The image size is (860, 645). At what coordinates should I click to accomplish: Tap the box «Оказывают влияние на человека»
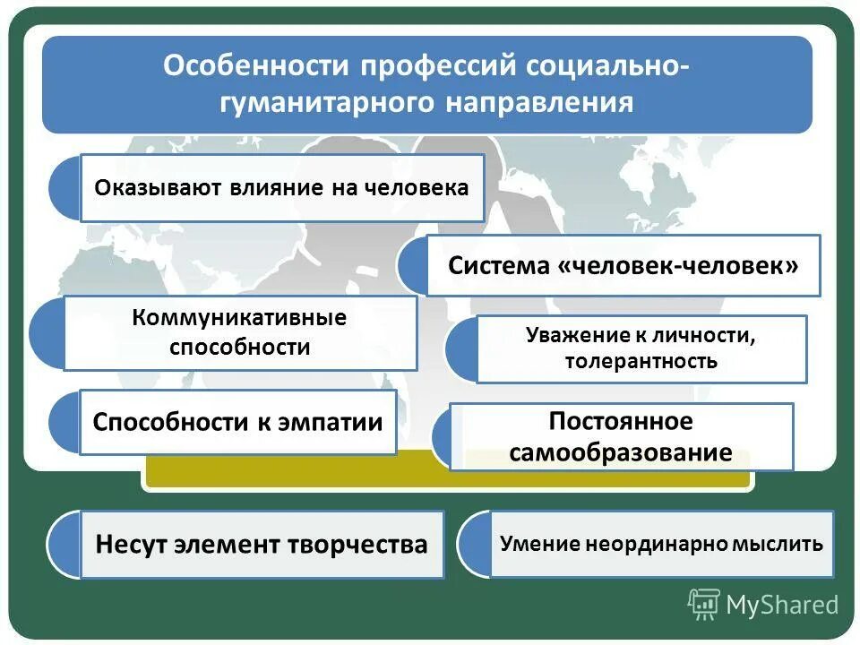click(282, 188)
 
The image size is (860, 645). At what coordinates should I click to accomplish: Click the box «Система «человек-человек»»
click(623, 266)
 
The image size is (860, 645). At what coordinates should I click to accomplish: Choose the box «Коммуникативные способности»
click(240, 332)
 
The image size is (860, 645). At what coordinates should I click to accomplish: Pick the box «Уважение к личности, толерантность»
click(641, 348)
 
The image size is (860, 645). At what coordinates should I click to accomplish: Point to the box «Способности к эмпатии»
click(238, 422)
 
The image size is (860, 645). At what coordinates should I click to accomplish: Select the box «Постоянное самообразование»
click(621, 436)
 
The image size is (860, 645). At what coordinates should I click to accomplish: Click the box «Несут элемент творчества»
click(262, 544)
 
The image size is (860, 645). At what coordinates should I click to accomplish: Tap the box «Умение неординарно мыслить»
click(661, 544)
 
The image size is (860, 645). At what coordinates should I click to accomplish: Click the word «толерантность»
click(641, 362)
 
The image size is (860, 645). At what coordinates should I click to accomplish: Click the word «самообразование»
click(621, 452)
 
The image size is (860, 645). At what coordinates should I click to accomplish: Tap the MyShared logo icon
click(703, 605)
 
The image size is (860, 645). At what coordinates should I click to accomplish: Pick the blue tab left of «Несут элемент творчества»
click(64, 544)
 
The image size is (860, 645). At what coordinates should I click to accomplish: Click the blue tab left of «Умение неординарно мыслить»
click(473, 544)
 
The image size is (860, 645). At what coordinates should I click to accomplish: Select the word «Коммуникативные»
click(239, 318)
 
